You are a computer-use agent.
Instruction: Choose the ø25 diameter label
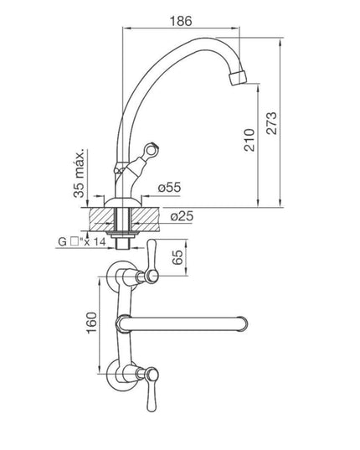point(181,218)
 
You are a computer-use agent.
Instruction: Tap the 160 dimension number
point(92,321)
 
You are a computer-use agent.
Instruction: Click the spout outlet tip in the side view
point(239,79)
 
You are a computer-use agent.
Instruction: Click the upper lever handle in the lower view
point(152,261)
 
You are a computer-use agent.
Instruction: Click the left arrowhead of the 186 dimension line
point(127,28)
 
